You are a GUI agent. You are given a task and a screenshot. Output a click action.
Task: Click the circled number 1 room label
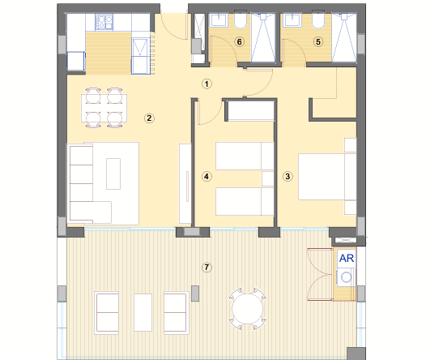[x=207, y=84]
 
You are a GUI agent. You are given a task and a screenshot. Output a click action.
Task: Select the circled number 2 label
[x=149, y=118]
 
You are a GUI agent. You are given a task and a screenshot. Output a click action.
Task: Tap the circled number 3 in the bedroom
[x=288, y=177]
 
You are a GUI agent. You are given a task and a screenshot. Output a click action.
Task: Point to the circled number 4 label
[x=207, y=177]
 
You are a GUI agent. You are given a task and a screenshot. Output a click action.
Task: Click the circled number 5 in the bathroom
[x=318, y=41]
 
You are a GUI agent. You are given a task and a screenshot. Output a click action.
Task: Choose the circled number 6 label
[x=240, y=41]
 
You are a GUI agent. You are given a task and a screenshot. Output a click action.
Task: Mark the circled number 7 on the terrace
[x=207, y=268]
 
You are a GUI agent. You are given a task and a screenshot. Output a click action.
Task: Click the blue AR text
[x=347, y=259]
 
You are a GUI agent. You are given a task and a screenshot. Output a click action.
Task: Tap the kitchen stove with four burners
[x=104, y=22]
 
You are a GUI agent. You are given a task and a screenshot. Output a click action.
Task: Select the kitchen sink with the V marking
[x=140, y=47]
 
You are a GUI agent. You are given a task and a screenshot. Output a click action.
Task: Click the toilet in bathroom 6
[x=241, y=20]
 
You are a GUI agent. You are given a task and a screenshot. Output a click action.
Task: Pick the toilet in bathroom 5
[x=318, y=20]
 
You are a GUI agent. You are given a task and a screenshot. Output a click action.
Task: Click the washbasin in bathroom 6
[x=219, y=20]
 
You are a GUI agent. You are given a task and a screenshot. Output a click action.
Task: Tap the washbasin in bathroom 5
[x=292, y=20]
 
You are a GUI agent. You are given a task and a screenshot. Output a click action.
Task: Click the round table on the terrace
[x=247, y=309]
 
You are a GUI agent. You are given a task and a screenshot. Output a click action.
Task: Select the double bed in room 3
[x=327, y=177]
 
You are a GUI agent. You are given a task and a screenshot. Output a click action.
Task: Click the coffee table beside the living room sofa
[x=113, y=174]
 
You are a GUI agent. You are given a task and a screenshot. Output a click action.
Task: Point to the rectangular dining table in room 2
[x=104, y=108]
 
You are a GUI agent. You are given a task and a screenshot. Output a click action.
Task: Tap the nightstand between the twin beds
[x=267, y=178]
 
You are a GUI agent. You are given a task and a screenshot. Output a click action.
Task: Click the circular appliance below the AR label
[x=347, y=277]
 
